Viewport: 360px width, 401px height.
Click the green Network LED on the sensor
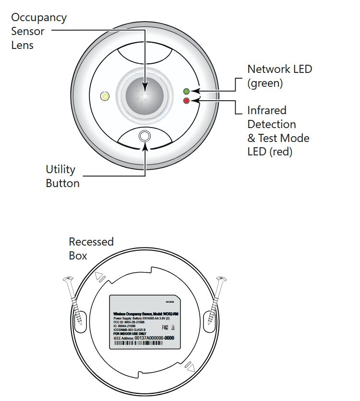(187, 91)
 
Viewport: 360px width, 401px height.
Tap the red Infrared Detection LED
(187, 100)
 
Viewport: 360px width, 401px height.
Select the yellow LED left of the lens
(104, 96)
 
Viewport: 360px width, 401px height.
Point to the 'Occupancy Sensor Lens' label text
(38, 32)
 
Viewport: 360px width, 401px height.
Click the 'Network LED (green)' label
(279, 76)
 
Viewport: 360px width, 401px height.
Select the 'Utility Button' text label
(62, 176)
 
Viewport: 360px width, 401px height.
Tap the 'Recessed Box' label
(91, 248)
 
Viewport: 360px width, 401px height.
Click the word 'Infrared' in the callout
(266, 110)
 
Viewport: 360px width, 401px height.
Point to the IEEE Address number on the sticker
(153, 338)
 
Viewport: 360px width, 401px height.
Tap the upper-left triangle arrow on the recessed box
(100, 277)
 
